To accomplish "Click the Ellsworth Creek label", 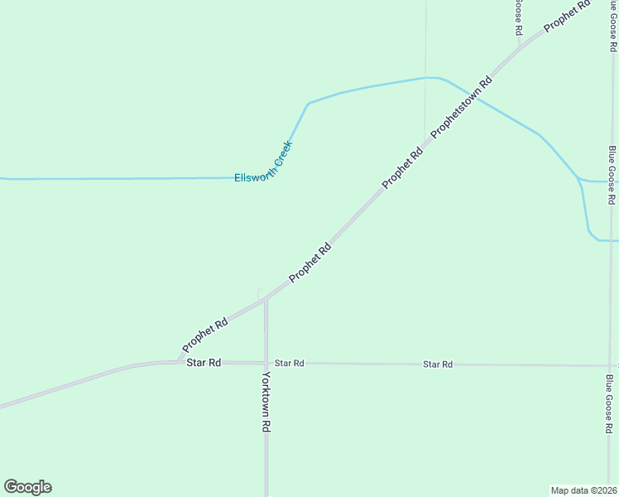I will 264,162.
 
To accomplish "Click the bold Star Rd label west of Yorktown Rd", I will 204,363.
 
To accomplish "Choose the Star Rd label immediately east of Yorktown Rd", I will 290,364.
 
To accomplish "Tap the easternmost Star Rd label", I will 438,364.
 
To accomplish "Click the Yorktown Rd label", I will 266,402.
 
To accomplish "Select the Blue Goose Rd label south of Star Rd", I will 610,404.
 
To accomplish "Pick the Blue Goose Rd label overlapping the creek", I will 612,175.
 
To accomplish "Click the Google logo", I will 27,487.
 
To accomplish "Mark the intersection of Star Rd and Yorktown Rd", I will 266,363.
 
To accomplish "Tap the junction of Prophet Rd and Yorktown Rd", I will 266,298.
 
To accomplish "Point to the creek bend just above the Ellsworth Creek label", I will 309,104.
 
